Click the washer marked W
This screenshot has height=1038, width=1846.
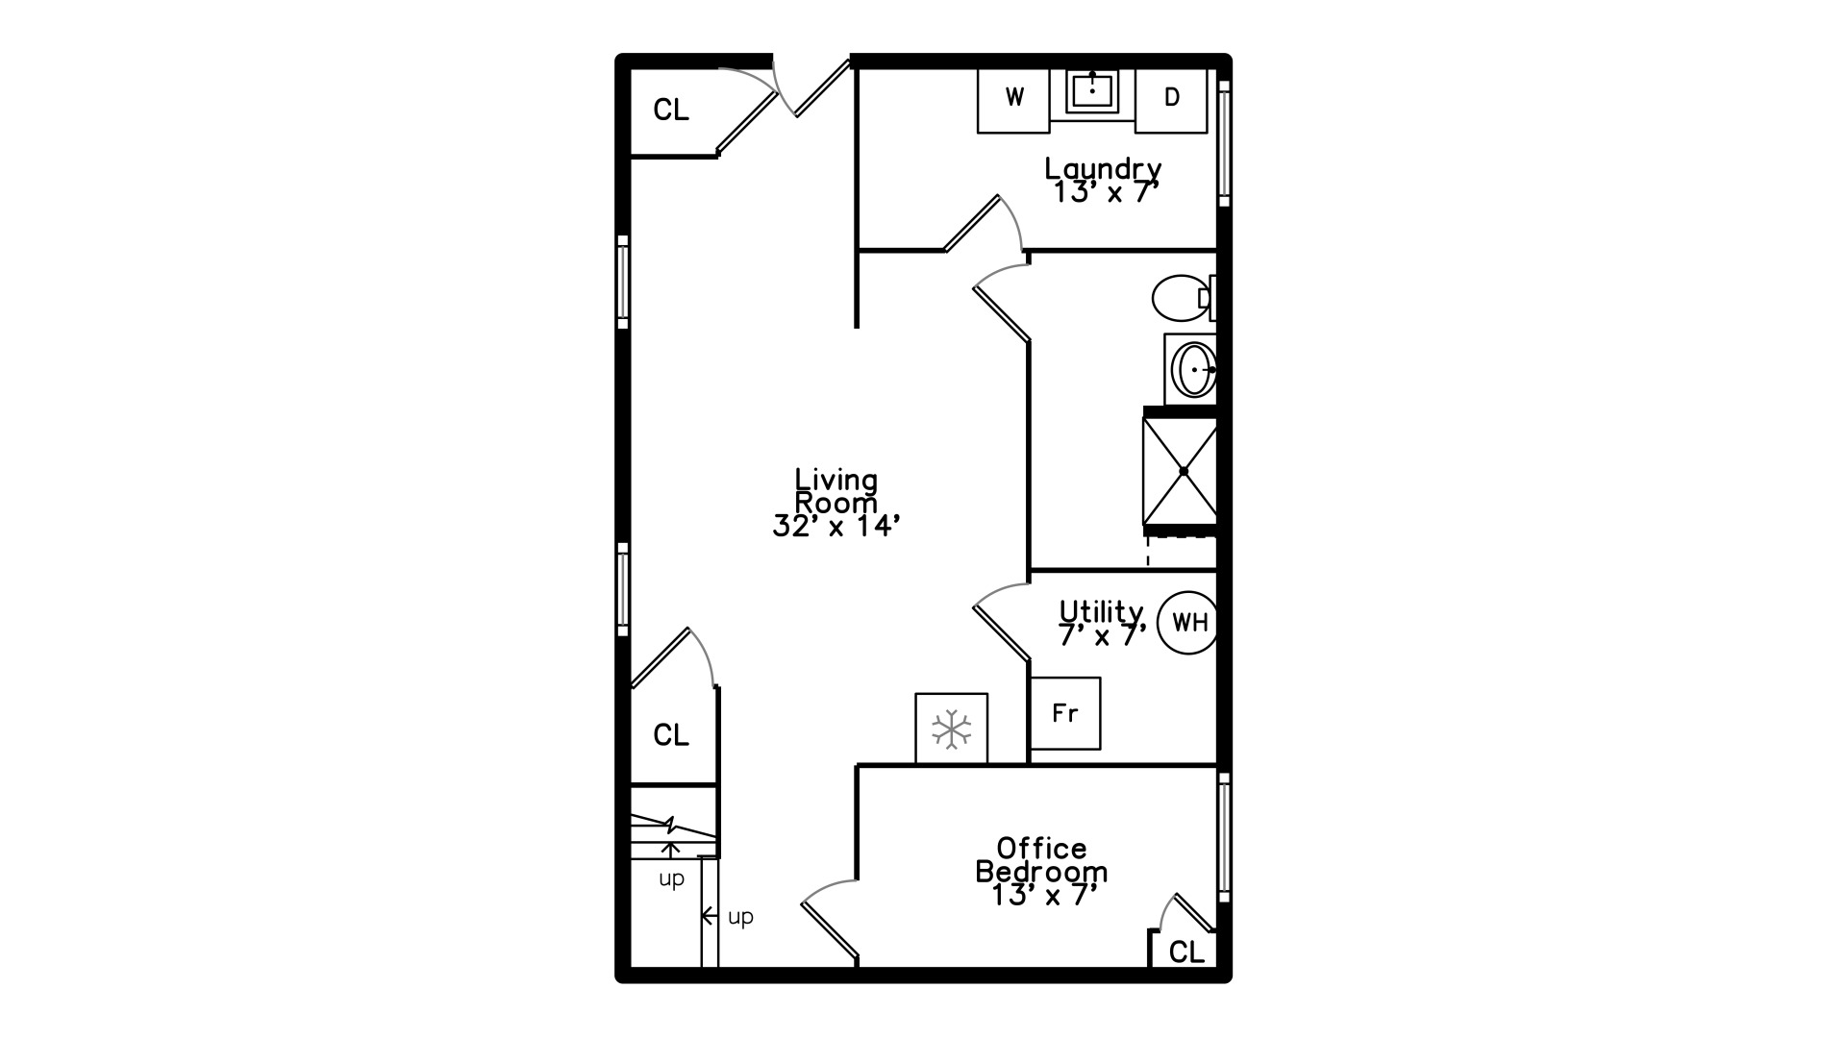pos(1013,100)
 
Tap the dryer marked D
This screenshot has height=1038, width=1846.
pos(1171,100)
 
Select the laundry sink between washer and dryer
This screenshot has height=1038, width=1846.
pos(1092,92)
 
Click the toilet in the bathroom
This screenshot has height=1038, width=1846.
pos(1184,298)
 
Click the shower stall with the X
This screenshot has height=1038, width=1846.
pos(1182,471)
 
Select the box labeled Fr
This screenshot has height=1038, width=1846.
pos(1064,713)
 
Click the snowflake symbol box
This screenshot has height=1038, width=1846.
pos(951,729)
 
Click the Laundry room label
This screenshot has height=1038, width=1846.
pos(1103,169)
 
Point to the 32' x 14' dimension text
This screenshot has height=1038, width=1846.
pos(836,527)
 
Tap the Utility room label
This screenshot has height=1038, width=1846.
pos(1102,611)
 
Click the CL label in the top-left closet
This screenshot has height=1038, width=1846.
pos(671,111)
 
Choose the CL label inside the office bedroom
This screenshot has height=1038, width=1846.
pos(1186,952)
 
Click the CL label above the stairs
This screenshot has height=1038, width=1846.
pos(671,735)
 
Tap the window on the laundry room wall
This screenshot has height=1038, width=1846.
pos(1224,143)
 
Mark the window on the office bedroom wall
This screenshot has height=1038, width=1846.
pos(1224,836)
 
